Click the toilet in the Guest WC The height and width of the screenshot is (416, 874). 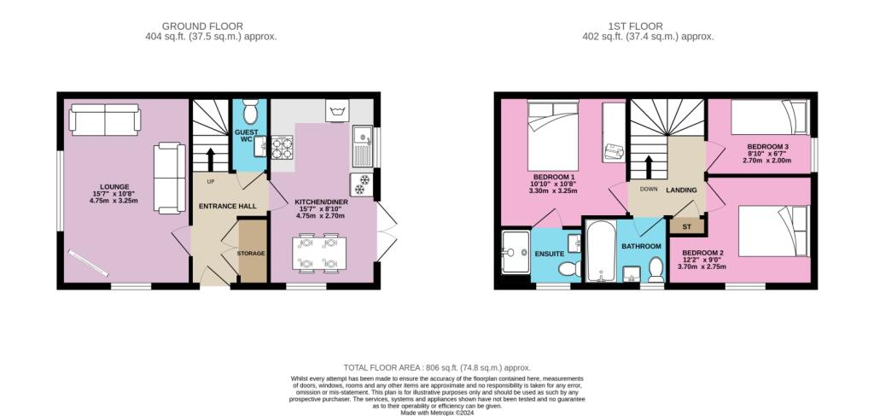(x=250, y=112)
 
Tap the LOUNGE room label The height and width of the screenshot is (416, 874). (x=114, y=187)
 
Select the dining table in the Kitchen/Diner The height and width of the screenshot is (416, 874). (x=318, y=254)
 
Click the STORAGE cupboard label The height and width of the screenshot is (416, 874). (x=251, y=254)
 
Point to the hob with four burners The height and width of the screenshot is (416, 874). (x=282, y=147)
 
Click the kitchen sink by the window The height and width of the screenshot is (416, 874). (x=362, y=147)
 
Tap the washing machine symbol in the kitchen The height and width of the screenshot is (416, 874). (x=336, y=111)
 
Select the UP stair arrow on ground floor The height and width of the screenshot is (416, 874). (x=211, y=160)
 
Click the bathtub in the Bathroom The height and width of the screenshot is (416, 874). (x=600, y=252)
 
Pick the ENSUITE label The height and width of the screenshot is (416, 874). (x=550, y=254)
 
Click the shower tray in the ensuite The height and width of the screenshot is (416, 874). (x=515, y=252)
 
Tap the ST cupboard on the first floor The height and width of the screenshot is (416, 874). (x=687, y=227)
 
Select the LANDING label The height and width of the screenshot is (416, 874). (x=682, y=190)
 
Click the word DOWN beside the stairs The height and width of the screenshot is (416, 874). (x=649, y=190)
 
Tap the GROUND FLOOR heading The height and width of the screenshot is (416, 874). (x=202, y=26)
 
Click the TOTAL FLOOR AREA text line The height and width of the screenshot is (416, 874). (x=437, y=368)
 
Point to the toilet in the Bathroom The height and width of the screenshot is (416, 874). (x=656, y=269)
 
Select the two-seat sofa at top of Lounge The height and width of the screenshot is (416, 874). (x=105, y=120)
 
